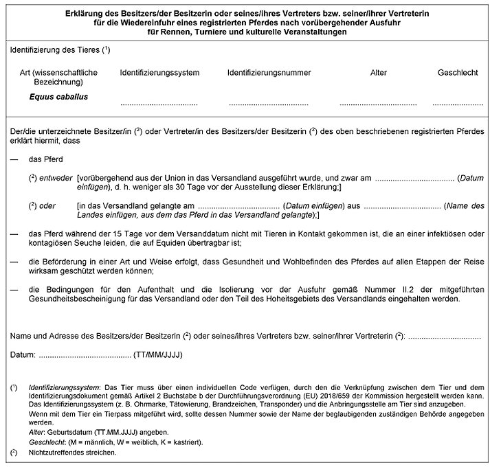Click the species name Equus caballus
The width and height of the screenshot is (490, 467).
point(58,97)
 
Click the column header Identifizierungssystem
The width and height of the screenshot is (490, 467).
point(159,72)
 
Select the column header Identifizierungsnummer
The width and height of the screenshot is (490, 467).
point(269,72)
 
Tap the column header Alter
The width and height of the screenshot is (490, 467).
point(378,72)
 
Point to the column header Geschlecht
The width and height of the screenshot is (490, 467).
point(457,72)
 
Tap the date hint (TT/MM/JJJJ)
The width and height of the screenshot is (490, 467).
point(159,355)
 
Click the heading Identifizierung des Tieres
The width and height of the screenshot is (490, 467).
point(59,52)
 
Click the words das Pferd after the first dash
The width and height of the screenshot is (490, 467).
point(46,159)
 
